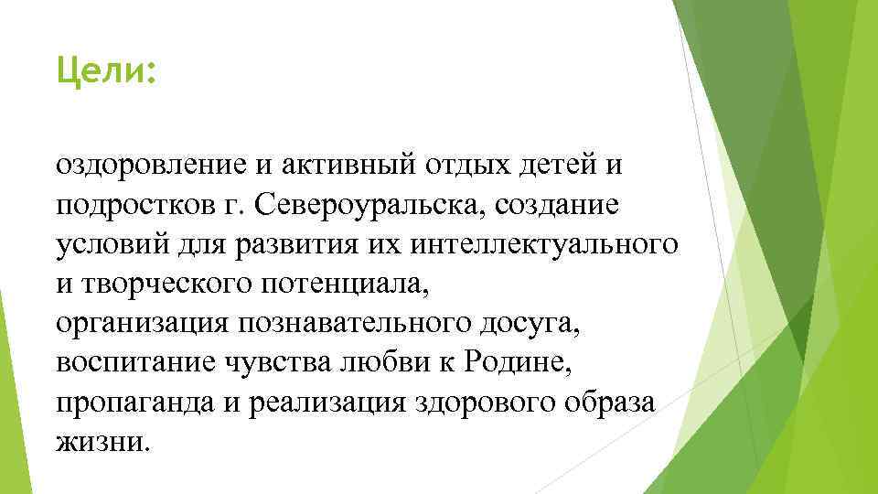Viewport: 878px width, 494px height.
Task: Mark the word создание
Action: click(x=557, y=205)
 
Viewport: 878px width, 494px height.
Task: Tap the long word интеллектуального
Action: click(x=545, y=244)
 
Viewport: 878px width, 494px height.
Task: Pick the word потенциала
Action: click(x=348, y=284)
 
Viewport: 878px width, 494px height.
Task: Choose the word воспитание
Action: click(x=135, y=362)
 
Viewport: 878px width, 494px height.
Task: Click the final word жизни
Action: click(x=100, y=441)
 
